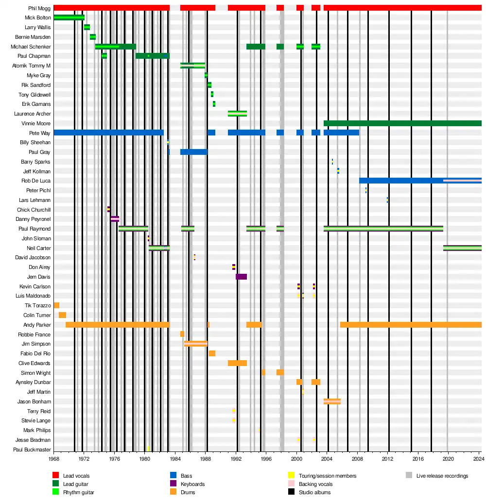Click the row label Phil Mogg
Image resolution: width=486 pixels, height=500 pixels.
(40, 8)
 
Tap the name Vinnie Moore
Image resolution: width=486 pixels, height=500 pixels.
(39, 123)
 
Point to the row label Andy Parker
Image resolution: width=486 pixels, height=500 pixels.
(37, 325)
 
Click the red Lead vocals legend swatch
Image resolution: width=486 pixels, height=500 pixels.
(55, 476)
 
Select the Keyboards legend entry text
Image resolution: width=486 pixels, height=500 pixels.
(192, 484)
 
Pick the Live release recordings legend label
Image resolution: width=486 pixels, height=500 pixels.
(442, 476)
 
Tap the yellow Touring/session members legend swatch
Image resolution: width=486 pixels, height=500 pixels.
(292, 476)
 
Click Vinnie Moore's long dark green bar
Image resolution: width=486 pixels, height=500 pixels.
(402, 123)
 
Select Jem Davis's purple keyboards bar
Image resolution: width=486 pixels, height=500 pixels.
(241, 277)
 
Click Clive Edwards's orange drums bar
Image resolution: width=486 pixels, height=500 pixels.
(237, 363)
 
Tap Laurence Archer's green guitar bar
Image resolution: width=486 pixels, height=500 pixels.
(237, 114)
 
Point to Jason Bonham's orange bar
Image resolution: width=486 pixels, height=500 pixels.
(332, 401)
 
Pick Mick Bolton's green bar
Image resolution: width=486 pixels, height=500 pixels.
(69, 17)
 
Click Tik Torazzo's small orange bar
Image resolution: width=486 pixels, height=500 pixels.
(56, 305)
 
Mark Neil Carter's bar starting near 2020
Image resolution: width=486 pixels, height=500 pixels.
(462, 248)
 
